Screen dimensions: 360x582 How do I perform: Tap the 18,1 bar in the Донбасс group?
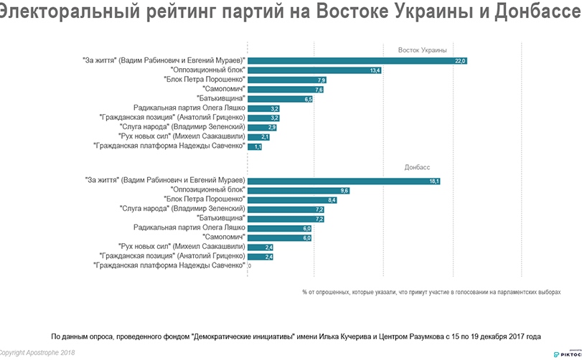coord(344,181)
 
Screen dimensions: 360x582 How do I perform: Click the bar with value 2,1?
coord(260,136)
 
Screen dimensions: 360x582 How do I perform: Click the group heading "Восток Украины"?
coord(423,50)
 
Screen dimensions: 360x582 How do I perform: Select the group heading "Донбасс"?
coord(417,166)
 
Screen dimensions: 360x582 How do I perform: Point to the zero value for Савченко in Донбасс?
coord(250,266)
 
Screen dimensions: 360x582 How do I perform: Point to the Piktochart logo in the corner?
coord(566,353)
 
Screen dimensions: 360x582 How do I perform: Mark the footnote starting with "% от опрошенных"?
coord(431,293)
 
